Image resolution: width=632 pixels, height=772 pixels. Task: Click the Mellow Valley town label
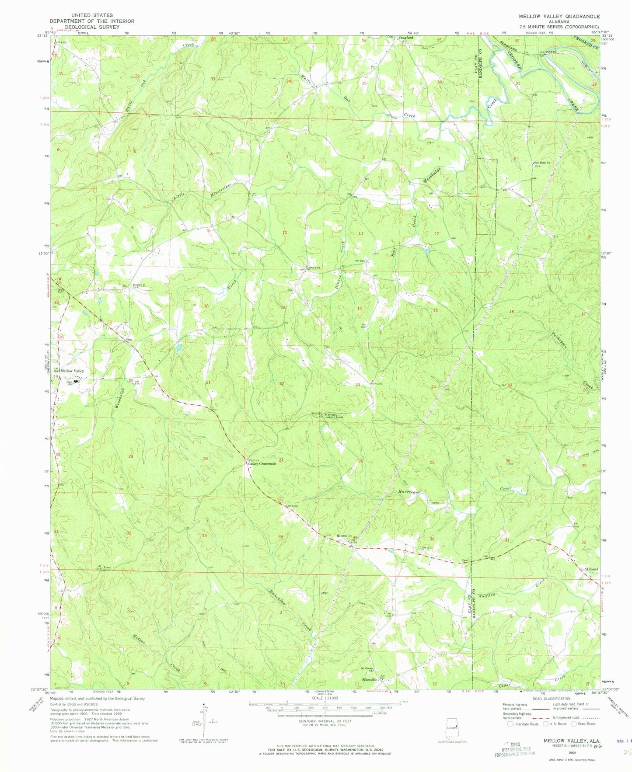pyautogui.click(x=72, y=371)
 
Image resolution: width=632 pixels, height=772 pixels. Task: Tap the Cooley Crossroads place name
pyautogui.click(x=262, y=464)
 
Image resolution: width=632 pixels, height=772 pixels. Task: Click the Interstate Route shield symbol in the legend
pyautogui.click(x=510, y=724)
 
